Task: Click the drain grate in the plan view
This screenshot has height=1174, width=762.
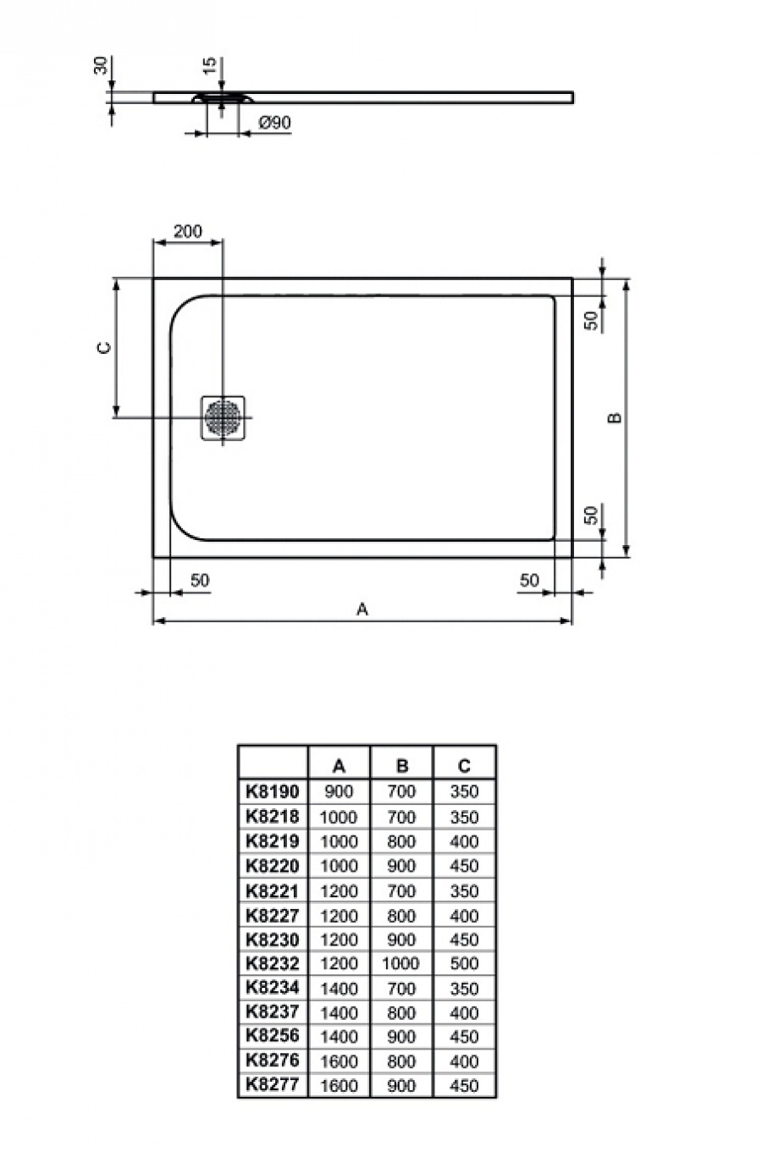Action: (x=224, y=417)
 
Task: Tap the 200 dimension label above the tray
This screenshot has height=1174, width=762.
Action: (x=188, y=230)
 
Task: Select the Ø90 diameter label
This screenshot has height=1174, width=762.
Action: (x=275, y=123)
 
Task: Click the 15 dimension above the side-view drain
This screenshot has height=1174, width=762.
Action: (x=209, y=65)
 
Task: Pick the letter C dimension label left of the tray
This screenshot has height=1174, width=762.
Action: (x=104, y=348)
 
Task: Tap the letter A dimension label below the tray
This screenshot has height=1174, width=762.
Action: (x=362, y=609)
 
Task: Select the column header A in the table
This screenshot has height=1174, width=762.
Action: (x=339, y=766)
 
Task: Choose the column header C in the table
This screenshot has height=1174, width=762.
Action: (x=464, y=766)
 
